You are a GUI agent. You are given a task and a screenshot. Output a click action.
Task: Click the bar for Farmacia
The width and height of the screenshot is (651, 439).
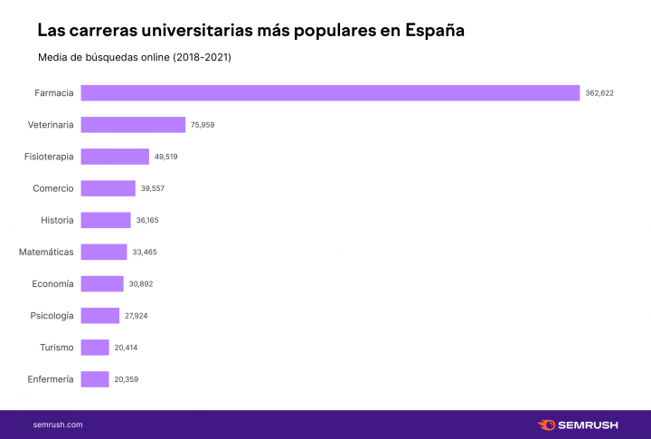[330, 92]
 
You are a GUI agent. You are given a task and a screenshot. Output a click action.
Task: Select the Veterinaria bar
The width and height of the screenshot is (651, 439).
[133, 125]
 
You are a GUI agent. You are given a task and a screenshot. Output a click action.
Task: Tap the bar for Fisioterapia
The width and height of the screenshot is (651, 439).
[115, 157]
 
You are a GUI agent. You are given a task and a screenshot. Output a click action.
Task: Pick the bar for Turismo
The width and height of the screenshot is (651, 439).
[95, 348]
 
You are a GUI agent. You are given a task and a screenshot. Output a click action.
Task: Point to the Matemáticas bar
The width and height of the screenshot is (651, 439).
[104, 252]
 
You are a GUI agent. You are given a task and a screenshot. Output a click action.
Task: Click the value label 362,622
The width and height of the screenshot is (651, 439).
[599, 93]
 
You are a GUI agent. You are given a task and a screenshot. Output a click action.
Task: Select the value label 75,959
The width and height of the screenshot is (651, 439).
[202, 125]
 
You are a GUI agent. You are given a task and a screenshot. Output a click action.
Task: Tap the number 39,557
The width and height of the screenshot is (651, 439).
[152, 188]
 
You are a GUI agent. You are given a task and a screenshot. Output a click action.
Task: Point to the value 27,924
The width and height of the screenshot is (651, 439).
[137, 316]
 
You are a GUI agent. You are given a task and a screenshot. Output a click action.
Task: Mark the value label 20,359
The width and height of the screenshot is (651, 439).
[127, 379]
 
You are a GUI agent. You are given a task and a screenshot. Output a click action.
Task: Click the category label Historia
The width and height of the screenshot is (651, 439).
[57, 220]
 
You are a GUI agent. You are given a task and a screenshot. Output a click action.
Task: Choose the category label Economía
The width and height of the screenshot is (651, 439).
[52, 283]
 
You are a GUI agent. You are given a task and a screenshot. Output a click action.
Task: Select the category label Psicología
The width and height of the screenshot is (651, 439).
[52, 316]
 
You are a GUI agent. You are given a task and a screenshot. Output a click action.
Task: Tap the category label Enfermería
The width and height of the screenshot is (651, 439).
[51, 379]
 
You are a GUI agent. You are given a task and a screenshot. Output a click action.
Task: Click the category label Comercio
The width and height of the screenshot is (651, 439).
[53, 188]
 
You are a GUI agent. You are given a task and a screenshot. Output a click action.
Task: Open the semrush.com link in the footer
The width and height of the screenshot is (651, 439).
[58, 424]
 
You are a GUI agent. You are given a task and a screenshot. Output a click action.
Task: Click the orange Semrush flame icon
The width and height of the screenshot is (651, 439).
[546, 424]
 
